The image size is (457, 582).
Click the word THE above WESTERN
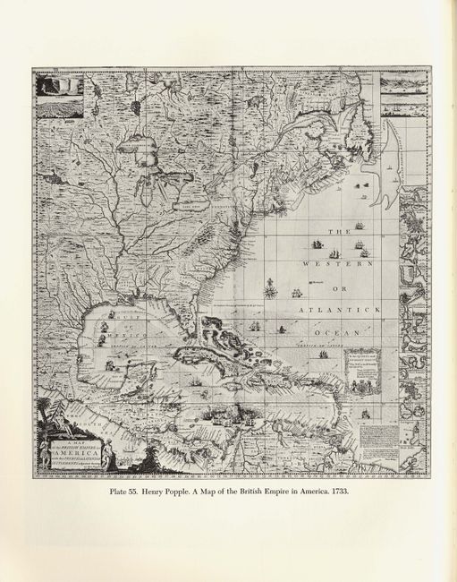tap(340, 232)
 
